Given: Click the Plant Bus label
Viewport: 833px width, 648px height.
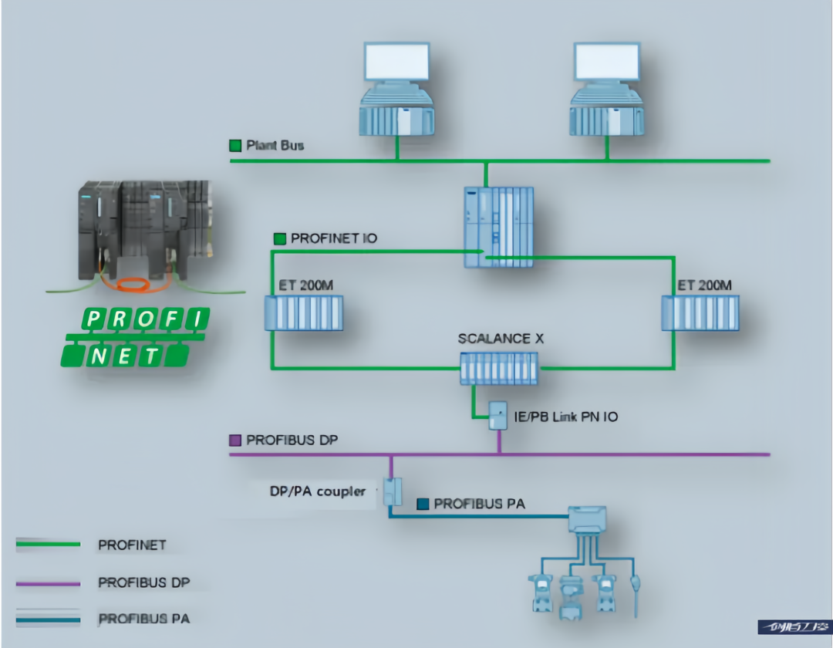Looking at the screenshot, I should click(x=275, y=145).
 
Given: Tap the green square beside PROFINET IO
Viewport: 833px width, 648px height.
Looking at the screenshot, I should click(x=279, y=239).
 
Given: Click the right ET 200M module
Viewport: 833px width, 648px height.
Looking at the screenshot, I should click(x=700, y=312).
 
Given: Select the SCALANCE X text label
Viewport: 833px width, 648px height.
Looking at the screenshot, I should click(x=494, y=339).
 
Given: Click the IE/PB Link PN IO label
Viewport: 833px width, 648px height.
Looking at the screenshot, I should click(x=565, y=417).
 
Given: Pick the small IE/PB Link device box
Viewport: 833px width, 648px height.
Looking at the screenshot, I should click(x=497, y=417).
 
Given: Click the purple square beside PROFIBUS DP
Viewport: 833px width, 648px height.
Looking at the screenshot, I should click(x=236, y=440).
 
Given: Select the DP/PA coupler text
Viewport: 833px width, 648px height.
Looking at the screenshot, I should click(x=318, y=491).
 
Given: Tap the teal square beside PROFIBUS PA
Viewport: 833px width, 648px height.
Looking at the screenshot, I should click(x=423, y=504).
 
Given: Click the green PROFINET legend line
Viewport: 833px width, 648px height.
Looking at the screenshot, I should click(x=48, y=545).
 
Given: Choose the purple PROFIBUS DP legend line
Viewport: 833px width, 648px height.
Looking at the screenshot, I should click(x=48, y=582).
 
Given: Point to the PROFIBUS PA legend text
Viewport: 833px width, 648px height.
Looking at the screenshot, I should click(x=143, y=619).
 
